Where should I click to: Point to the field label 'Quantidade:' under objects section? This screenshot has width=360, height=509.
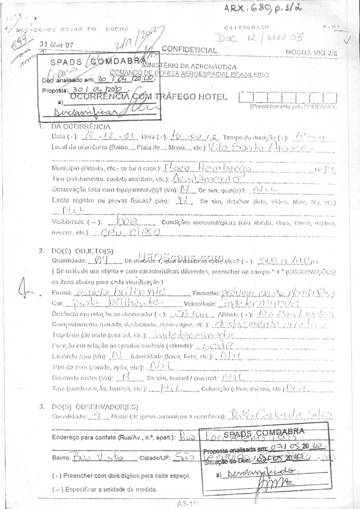tap(69, 260)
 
